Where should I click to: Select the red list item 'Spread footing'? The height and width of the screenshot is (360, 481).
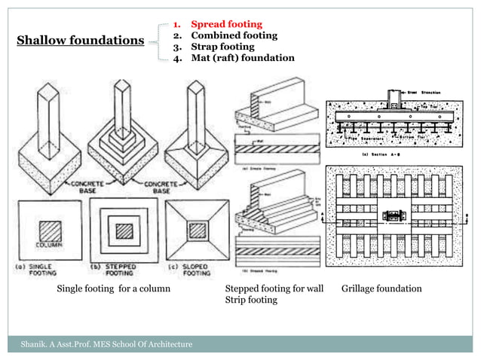225,24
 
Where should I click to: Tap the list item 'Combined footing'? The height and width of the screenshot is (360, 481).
233,35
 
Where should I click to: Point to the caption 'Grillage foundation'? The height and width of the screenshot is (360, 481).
381,289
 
